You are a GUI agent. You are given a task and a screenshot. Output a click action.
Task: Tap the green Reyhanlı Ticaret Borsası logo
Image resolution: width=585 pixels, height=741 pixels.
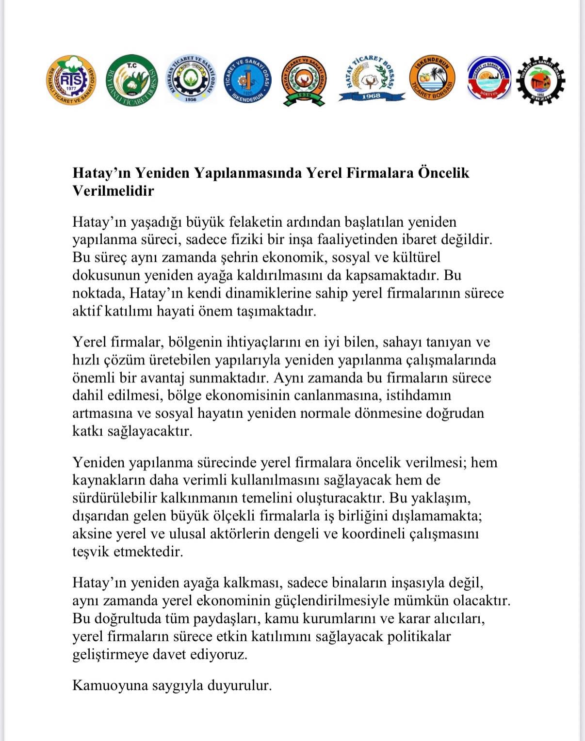(x=132, y=79)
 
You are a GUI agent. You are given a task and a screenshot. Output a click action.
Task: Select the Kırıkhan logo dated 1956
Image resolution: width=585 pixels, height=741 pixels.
(x=191, y=79)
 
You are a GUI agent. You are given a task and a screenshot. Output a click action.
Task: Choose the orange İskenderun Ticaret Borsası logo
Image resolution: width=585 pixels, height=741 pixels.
(x=432, y=79)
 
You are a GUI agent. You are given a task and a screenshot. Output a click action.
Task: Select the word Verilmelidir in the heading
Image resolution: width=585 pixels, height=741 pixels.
(x=113, y=190)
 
